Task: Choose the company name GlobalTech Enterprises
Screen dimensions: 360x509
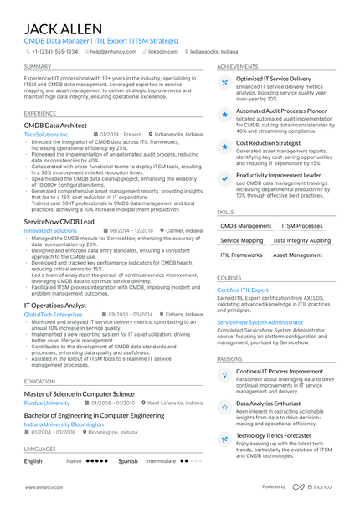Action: (x=54, y=315)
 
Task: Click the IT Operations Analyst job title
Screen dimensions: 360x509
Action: (x=55, y=306)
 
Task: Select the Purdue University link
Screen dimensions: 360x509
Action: (x=47, y=403)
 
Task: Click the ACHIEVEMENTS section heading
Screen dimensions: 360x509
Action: (x=237, y=66)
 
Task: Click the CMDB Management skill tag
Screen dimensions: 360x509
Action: (x=245, y=226)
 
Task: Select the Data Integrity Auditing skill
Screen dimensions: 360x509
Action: (x=302, y=240)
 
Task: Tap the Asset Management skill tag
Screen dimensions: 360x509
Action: (x=297, y=254)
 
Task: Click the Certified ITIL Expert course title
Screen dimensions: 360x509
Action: (x=242, y=290)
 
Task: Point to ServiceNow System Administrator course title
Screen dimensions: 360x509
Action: (x=260, y=321)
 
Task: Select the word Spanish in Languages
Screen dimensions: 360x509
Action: (x=128, y=460)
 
